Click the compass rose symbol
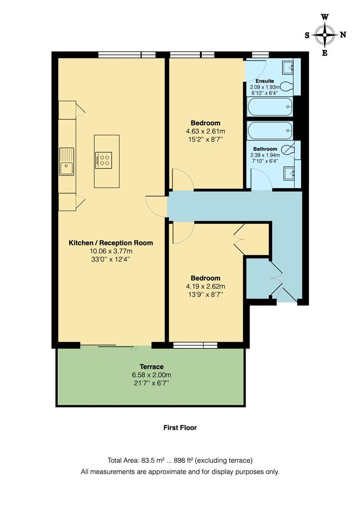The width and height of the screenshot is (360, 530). coord(325,34)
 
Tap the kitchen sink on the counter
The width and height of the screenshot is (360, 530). coord(66,162)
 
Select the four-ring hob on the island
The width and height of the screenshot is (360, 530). coord(103,159)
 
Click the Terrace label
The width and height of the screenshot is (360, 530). coord(151,367)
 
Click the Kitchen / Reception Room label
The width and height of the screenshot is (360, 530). coord(111,243)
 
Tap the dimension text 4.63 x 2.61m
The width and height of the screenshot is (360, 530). coord(205,131)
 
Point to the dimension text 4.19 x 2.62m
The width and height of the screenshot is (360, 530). coord(205,287)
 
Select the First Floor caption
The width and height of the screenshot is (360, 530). coord(180,428)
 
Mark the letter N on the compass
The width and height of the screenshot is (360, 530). coord(343,34)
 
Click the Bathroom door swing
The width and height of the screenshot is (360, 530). coord(261,179)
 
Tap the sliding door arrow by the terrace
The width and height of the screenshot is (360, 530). coord(133,350)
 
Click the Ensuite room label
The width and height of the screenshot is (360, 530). coord(264,81)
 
